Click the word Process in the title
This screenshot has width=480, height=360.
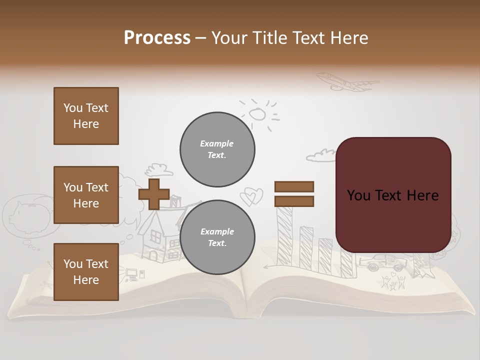[x=157, y=38]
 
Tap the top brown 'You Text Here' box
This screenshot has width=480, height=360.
[x=86, y=116]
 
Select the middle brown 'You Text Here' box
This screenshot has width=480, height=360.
[x=86, y=195]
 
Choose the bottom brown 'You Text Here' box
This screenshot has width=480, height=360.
[x=86, y=272]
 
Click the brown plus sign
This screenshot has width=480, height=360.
[x=153, y=194]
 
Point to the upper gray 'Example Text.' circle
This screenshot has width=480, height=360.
[x=217, y=149]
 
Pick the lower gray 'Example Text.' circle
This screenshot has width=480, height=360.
[x=217, y=237]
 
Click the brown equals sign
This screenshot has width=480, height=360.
[x=294, y=194]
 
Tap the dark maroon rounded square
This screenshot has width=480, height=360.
[x=393, y=194]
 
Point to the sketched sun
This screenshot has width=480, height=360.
[x=258, y=114]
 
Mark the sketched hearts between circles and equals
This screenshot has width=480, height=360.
[x=251, y=196]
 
